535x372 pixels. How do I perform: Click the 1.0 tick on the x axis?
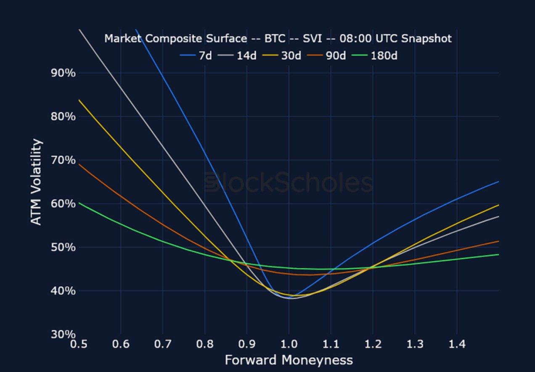289,344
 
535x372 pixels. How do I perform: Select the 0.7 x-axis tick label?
162,344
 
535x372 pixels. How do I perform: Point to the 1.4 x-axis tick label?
457,344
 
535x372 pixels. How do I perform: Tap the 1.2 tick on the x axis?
373,344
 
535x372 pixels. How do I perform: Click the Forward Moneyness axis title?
289,360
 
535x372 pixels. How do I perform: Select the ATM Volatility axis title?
37,182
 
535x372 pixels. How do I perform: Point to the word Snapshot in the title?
426,39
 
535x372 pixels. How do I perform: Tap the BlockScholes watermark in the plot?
289,183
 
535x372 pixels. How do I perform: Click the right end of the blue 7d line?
498,182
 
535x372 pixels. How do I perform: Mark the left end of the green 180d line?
79,203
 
